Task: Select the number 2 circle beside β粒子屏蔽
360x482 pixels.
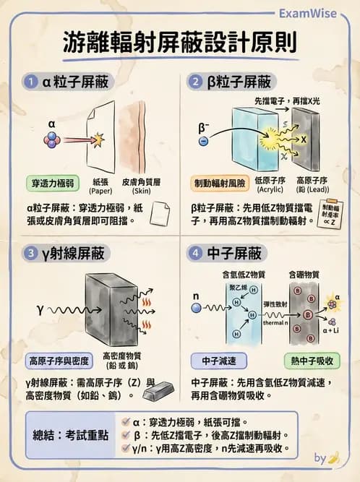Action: coord(194,82)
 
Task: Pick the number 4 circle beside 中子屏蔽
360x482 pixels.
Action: coord(194,254)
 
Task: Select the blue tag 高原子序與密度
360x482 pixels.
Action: coord(57,360)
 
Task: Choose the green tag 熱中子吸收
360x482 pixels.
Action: coord(309,360)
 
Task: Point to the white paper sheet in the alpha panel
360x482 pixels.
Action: coord(100,137)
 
